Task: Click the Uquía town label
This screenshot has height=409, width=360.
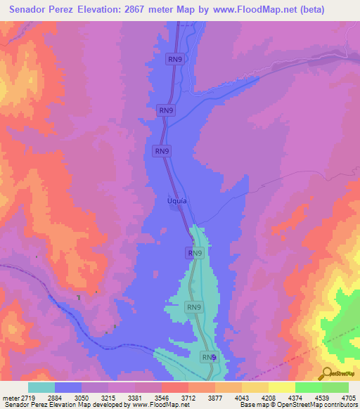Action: tap(176, 200)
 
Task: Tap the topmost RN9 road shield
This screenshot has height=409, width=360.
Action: tap(175, 60)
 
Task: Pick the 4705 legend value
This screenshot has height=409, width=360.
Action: tap(347, 398)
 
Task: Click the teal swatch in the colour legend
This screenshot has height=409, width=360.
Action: tap(41, 387)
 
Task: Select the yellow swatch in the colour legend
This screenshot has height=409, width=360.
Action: tap(281, 387)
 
